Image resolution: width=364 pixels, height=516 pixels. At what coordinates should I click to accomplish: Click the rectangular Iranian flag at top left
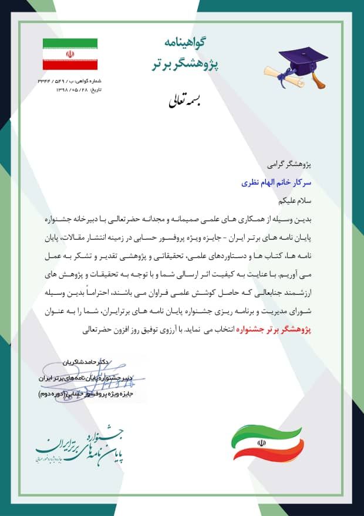70,54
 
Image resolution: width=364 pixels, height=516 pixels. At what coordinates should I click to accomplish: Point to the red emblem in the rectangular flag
70,54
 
